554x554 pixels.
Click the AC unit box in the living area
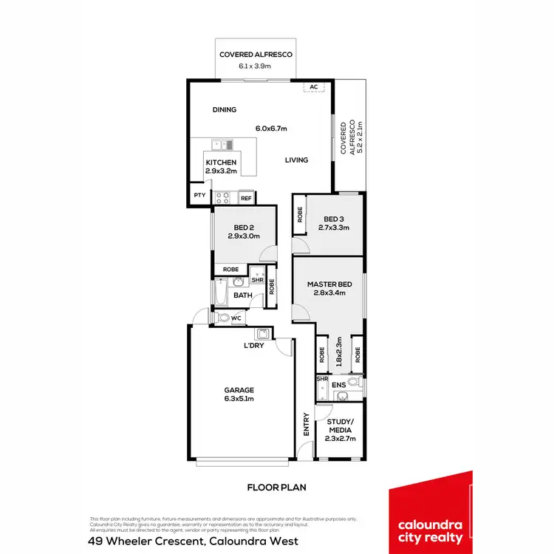point(314,87)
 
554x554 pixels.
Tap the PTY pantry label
point(199,196)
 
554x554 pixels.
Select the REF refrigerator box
point(246,198)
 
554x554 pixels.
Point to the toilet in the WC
point(222,318)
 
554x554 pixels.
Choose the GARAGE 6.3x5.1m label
point(239,394)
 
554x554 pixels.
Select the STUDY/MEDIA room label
point(340,430)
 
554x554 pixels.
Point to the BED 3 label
point(334,223)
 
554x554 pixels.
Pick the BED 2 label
point(244,230)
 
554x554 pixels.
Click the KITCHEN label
point(221,166)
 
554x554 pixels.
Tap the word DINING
point(225,110)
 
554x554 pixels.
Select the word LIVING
point(297,160)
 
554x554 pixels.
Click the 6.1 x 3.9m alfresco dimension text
point(256,66)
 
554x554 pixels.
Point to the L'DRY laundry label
point(255,346)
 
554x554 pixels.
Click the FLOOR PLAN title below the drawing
point(276,488)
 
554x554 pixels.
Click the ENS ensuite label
point(339,384)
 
